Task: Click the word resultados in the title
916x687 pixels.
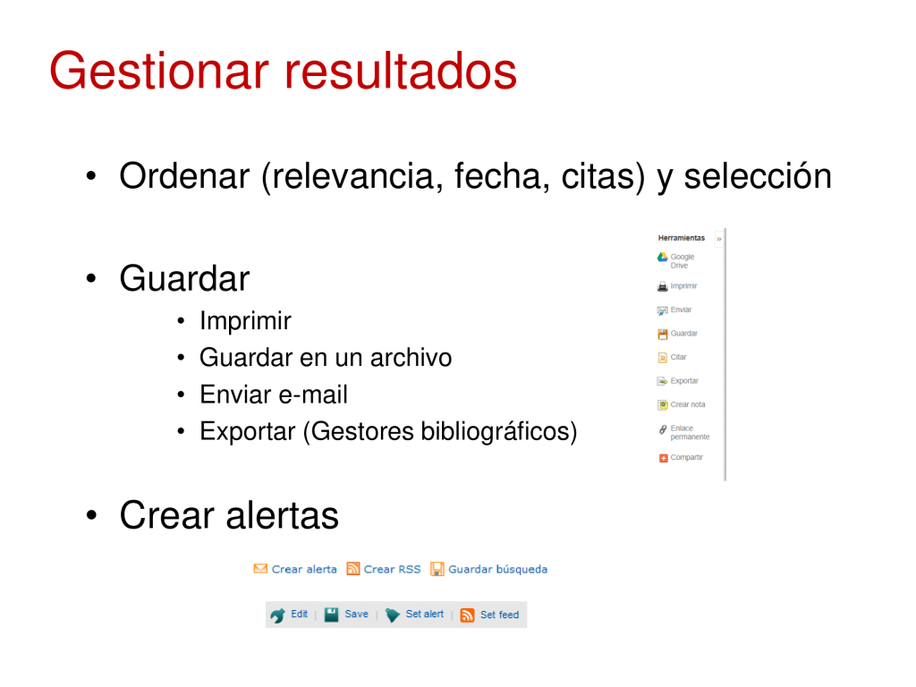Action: [x=400, y=71]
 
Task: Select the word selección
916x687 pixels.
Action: [x=758, y=176]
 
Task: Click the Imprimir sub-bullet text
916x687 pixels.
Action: [x=245, y=321]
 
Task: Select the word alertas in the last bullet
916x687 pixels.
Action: [x=282, y=515]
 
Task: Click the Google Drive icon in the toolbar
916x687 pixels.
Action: [x=663, y=258]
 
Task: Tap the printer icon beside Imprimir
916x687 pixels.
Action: [x=663, y=286]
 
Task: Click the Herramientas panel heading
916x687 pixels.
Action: [x=681, y=238]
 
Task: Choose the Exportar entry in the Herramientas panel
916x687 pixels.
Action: [x=678, y=381]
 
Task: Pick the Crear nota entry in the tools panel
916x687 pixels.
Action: [x=681, y=404]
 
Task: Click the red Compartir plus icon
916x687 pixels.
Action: [x=663, y=458]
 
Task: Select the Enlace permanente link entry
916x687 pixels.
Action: [x=683, y=432]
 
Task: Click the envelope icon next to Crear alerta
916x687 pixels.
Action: [x=260, y=568]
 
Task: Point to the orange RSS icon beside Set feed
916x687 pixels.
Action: [x=467, y=615]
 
